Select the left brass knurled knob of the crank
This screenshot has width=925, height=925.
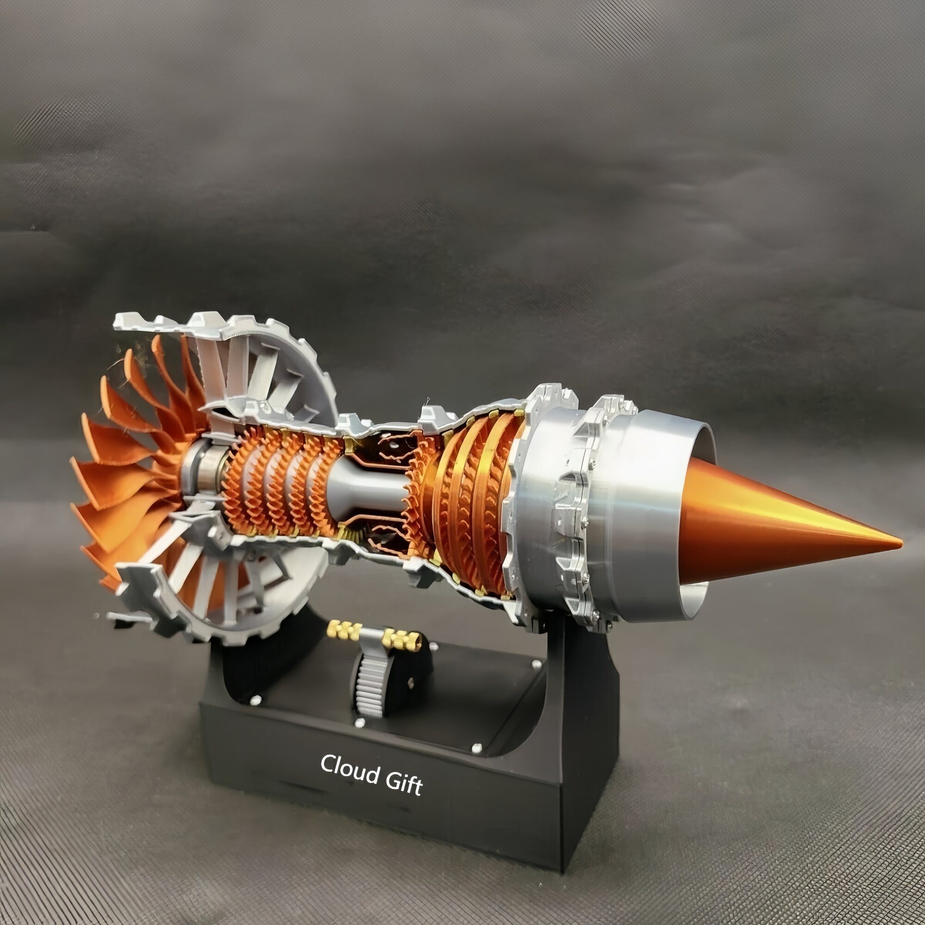pos(343,629)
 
